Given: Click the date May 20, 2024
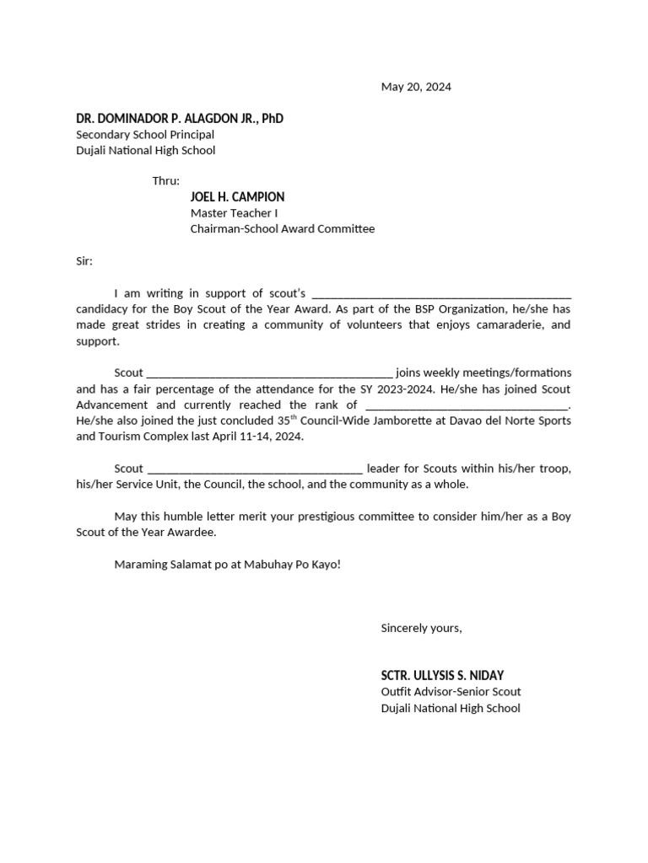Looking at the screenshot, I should point(416,87).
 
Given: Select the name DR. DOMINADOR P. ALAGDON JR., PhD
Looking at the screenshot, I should point(180,119).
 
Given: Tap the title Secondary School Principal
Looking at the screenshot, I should point(145,135).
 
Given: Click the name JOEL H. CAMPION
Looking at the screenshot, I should point(237,197).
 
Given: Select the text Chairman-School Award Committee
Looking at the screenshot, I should point(282,229).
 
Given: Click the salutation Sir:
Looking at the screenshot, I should point(84,261).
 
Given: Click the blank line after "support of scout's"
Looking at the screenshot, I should point(441,294).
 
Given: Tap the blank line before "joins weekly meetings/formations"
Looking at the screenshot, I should point(269,373).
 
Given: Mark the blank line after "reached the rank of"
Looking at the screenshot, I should point(467,405).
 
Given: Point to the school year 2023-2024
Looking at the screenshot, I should point(462,389).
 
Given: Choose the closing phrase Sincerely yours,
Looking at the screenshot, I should point(421,628).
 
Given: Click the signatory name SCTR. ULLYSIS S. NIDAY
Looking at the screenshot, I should point(442,675).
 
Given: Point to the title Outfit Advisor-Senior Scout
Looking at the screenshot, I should point(451,692).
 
